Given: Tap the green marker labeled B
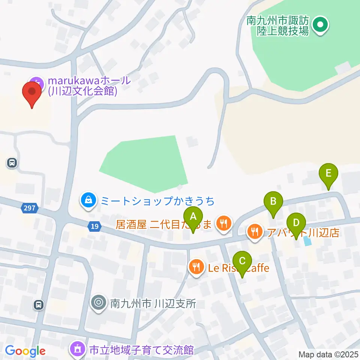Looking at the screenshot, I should point(273,202).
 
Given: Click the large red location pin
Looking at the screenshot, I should point(32,92).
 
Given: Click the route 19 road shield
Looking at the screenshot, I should point(95,226).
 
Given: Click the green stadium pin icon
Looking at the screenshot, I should point(320,25).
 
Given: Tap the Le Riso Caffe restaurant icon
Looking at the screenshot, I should point(196,267).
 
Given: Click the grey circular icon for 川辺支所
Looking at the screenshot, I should point(99,302).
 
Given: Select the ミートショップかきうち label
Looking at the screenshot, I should point(157,201).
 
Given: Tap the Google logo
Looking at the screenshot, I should point(25,351).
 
